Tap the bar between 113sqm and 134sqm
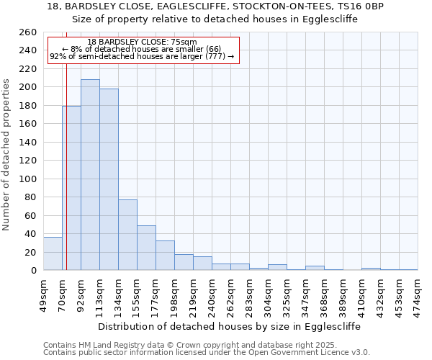pos(109,179)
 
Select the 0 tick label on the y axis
pos(34,270)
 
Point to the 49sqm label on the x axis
pos(43,294)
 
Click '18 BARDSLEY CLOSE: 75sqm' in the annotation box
pos(142,42)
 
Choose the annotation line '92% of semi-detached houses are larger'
pos(142,57)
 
